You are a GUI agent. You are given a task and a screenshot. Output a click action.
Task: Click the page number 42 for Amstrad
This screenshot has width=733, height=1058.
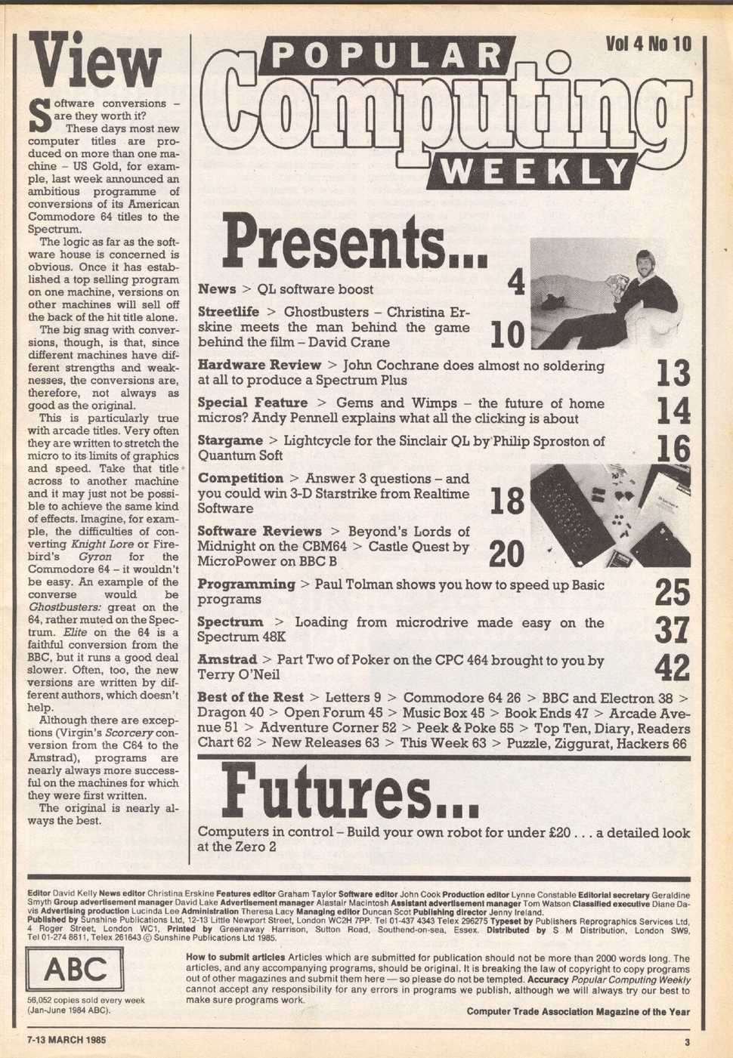(x=672, y=668)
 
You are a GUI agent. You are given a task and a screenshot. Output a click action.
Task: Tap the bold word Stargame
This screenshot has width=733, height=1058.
(x=230, y=440)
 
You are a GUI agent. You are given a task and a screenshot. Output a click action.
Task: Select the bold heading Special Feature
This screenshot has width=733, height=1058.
(x=252, y=403)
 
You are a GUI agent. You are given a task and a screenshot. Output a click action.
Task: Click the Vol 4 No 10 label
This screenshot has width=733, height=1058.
(x=648, y=45)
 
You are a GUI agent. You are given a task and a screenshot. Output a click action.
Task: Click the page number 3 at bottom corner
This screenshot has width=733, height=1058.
(x=687, y=1041)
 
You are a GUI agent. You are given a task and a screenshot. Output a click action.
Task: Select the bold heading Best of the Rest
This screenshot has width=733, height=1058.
(x=250, y=697)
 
